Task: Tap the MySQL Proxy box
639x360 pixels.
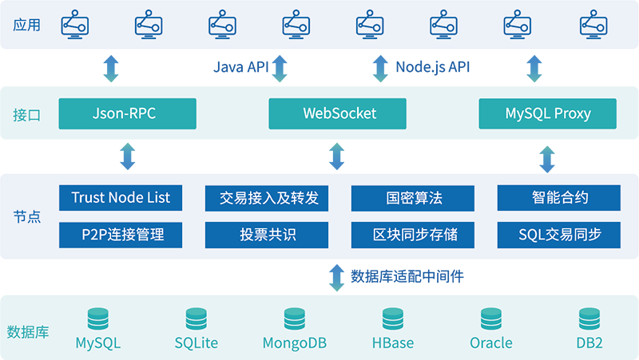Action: (548, 113)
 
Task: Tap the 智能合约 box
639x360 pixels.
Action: (559, 198)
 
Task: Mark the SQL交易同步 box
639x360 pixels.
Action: (559, 235)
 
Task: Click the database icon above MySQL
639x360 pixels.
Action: (98, 318)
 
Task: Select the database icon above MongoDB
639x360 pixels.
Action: (294, 318)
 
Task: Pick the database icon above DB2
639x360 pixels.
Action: (589, 318)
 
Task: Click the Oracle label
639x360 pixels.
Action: (490, 343)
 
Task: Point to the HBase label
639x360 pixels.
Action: (392, 343)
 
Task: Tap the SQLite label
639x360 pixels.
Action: (196, 343)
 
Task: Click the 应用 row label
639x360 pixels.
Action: (26, 25)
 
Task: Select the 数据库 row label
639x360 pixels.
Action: (28, 331)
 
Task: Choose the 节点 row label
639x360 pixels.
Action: (26, 216)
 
